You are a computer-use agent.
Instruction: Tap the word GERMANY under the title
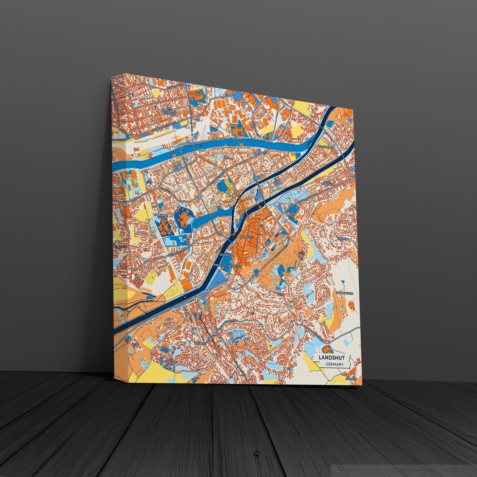pos(334,364)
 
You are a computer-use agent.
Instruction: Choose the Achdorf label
pos(200,344)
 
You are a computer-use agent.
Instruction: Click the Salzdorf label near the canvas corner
pos(351,379)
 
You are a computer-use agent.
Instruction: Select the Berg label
pos(281,294)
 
